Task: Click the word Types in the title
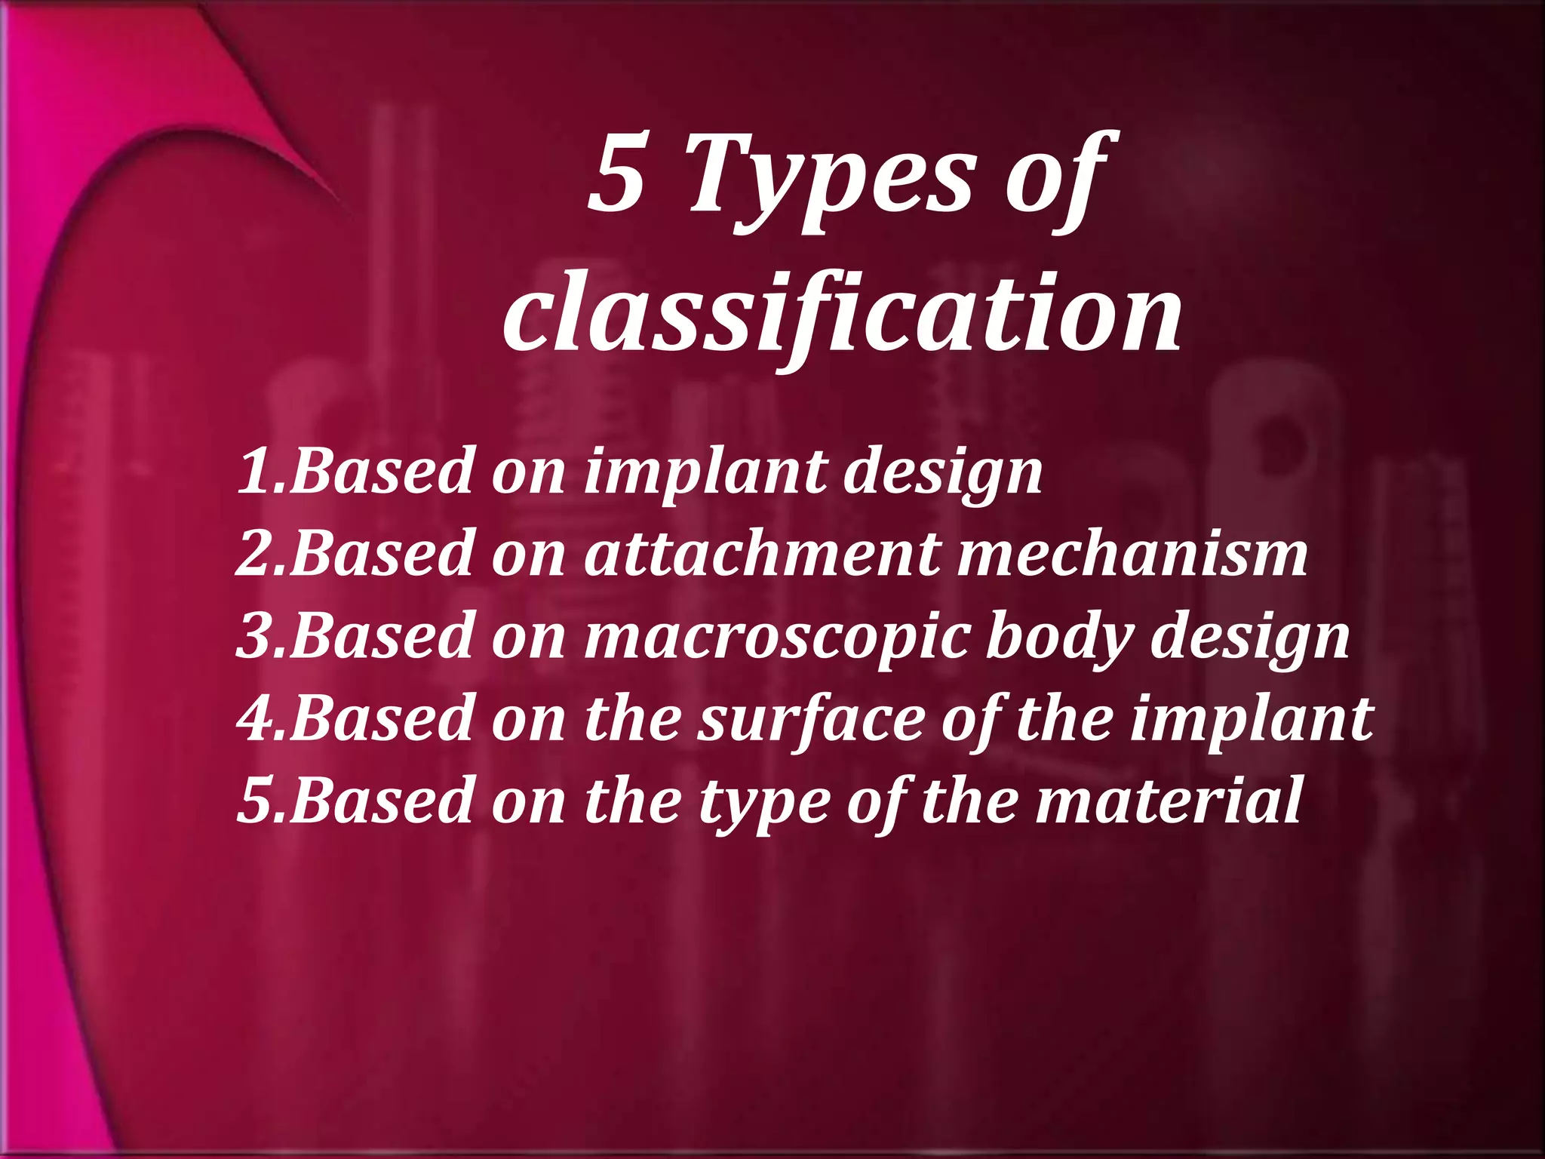(x=828, y=181)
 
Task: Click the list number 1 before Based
(x=255, y=471)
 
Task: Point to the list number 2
(x=255, y=553)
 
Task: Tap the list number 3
(x=255, y=635)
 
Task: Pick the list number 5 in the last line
(x=255, y=800)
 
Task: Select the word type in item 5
(x=763, y=803)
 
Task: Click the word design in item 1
(x=943, y=474)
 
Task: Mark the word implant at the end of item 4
(x=1251, y=720)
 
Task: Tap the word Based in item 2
(x=382, y=553)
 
